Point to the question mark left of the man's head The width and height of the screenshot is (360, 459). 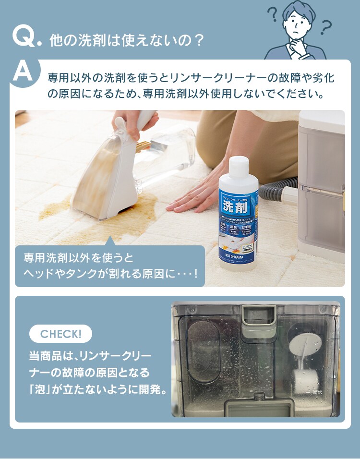pos(274,14)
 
